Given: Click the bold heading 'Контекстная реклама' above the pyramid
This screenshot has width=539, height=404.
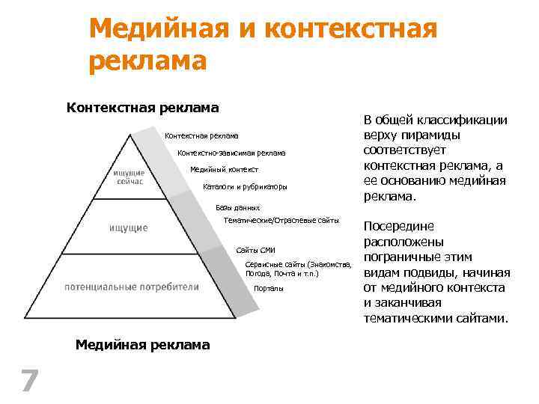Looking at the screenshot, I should [142, 108].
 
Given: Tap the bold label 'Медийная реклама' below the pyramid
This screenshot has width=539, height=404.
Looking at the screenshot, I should [143, 344].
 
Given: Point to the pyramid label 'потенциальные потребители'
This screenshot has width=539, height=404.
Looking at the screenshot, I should [132, 287].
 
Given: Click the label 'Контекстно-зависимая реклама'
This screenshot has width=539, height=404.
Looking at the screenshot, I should [231, 153].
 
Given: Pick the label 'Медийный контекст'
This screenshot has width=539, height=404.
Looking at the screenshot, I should [224, 170].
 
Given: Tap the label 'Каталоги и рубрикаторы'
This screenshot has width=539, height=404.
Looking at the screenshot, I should [245, 186].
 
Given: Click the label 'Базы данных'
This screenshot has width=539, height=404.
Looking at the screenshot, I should [238, 207].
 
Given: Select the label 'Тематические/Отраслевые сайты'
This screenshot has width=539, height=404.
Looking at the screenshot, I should [281, 221].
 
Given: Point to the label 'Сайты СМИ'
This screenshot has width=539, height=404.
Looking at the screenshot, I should [255, 249].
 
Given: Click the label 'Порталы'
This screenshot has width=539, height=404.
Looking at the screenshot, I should [269, 289].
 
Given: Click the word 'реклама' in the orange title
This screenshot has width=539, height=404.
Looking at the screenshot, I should [147, 61].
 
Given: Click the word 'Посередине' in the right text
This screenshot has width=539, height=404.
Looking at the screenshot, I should [399, 226].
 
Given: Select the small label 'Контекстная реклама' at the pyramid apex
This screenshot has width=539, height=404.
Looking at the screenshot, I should [201, 136].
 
